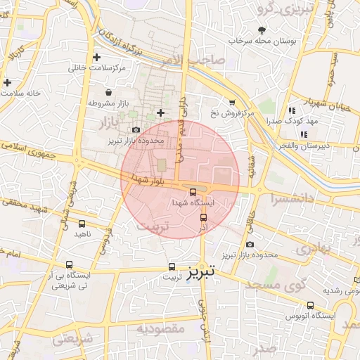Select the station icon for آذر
(204, 218)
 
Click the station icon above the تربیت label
(173, 266)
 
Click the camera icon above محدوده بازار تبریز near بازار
(136, 129)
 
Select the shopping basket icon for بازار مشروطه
(108, 92)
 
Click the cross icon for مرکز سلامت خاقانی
(96, 57)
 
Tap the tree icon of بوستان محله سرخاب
(262, 30)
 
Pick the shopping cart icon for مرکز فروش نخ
(232, 102)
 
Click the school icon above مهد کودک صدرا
(291, 110)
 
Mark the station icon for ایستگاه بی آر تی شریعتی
(69, 264)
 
